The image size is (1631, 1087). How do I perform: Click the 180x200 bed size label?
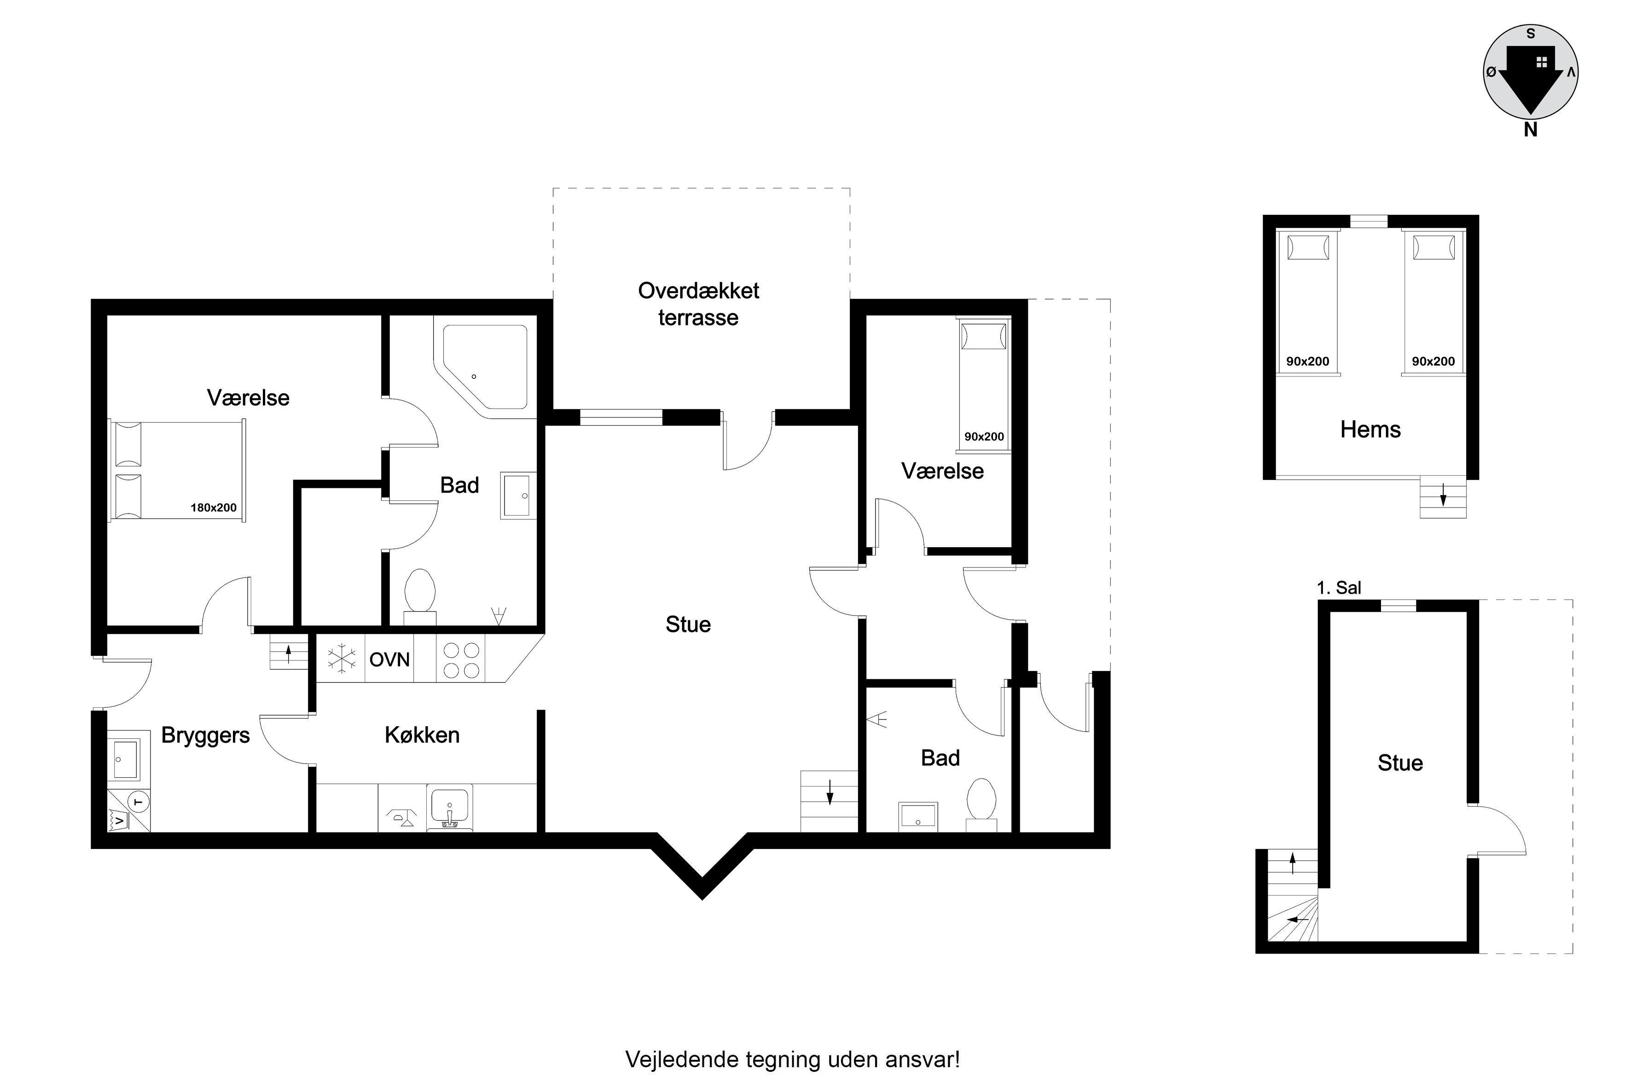214,508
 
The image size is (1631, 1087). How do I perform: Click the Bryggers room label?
205,735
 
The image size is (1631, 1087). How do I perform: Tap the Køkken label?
422,735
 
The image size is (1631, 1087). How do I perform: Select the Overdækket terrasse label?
698,304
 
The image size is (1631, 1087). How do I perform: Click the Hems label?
1370,429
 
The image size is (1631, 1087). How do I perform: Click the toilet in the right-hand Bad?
981,804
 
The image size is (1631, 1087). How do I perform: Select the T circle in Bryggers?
139,802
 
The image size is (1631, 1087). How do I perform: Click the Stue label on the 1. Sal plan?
1400,763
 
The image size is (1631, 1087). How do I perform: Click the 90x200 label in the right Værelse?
984,437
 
